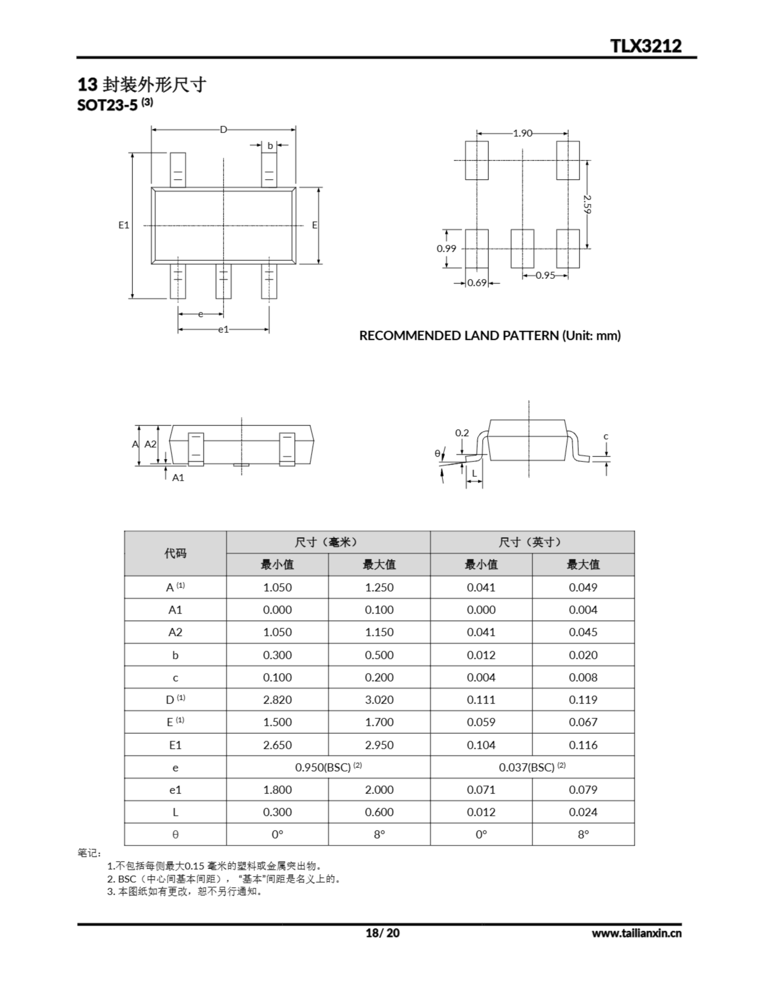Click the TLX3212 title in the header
click(646, 46)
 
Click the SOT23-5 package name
click(107, 105)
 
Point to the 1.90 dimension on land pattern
click(522, 133)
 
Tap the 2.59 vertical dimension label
click(587, 204)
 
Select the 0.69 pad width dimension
click(477, 283)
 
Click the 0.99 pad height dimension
click(446, 248)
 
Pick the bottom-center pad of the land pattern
click(522, 248)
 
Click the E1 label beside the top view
click(124, 225)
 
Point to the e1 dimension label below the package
click(224, 329)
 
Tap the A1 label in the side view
click(178, 478)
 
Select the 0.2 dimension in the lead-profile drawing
click(462, 433)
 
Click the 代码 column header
click(175, 553)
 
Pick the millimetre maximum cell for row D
click(379, 700)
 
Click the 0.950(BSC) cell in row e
click(328, 767)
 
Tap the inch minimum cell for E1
click(481, 745)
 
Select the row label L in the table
click(175, 812)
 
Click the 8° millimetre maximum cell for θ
click(379, 834)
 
